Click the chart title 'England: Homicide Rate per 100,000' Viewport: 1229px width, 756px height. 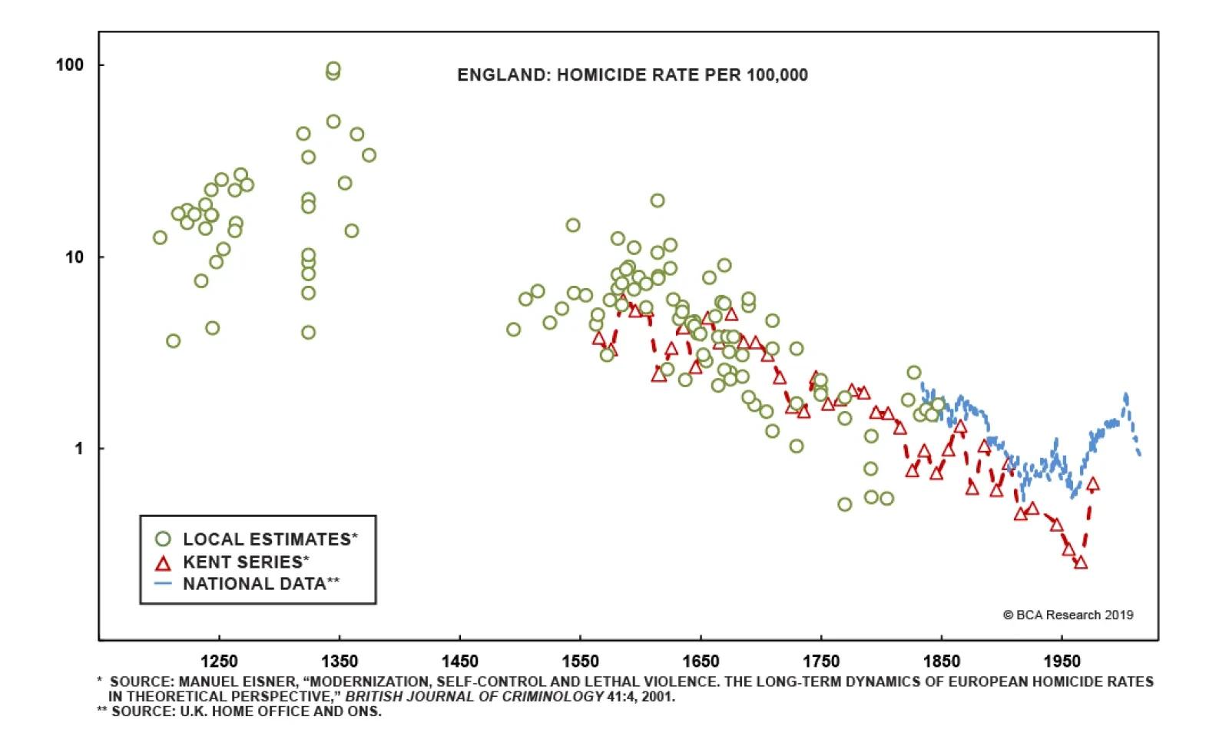click(632, 75)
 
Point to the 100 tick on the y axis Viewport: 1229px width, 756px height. click(70, 65)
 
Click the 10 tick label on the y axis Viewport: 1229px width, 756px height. click(75, 257)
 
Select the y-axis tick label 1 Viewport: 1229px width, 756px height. click(79, 449)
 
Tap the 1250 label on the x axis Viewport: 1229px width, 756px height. click(219, 661)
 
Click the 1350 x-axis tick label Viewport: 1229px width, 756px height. click(340, 661)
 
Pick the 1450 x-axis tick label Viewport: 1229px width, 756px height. click(459, 661)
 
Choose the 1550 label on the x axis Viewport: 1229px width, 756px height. click(580, 661)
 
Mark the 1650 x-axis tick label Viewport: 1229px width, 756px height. click(701, 661)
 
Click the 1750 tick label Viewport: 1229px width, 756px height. click(821, 661)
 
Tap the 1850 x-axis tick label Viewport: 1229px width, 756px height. click(942, 661)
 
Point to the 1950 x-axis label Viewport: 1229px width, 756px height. click(1062, 661)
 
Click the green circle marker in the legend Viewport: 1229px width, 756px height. click(163, 539)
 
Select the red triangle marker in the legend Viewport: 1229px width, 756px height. click(163, 564)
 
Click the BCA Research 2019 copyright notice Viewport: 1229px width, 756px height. click(1068, 615)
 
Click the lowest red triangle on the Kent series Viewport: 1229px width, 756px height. click(1081, 562)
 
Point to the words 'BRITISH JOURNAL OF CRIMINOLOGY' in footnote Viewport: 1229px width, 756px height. click(474, 697)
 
